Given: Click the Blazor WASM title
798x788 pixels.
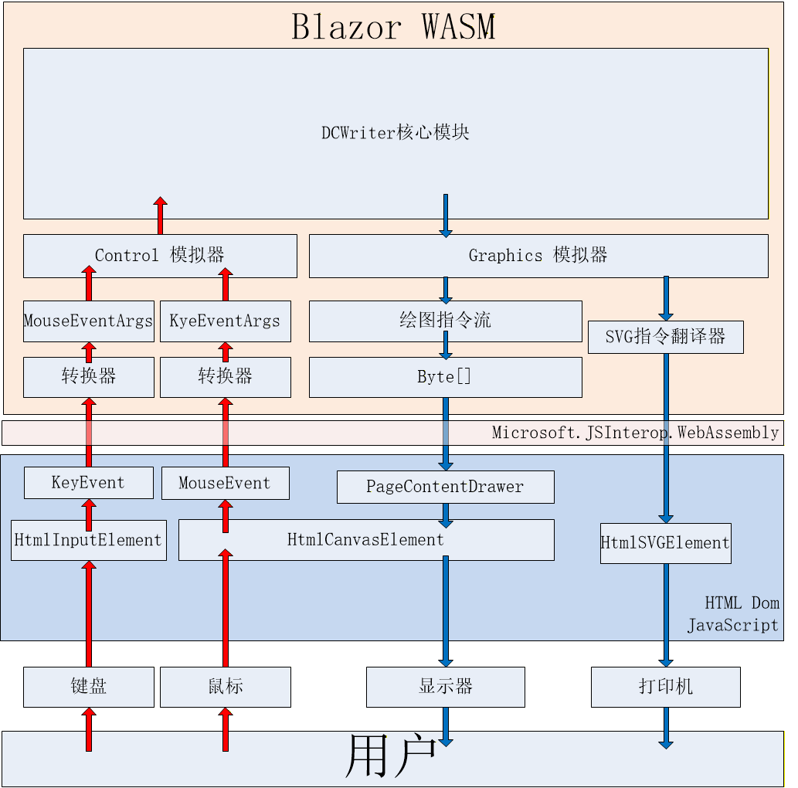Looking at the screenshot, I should click(393, 27).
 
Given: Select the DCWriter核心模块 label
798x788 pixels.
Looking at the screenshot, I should click(396, 133).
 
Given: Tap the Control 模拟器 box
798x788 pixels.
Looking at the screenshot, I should click(160, 256).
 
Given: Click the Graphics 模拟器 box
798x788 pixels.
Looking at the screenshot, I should click(538, 256).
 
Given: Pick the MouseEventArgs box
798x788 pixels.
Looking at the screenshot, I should click(88, 321).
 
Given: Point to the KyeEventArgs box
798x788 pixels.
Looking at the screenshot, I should click(225, 321).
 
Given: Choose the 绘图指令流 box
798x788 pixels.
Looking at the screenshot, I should click(445, 321).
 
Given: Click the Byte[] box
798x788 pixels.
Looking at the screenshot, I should click(445, 377).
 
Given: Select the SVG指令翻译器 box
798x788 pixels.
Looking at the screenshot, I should click(665, 337).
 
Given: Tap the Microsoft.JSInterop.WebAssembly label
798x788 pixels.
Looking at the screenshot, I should click(635, 433).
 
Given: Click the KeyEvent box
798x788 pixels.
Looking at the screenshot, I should click(88, 483).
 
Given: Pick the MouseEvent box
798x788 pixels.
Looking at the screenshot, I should click(225, 483).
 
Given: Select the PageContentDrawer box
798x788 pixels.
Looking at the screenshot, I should click(445, 487).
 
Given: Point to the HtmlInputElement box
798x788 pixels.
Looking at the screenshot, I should click(88, 540).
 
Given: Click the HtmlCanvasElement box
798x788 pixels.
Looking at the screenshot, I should click(366, 540).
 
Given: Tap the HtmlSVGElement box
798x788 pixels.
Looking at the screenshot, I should click(665, 543).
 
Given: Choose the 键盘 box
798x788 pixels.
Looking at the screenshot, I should click(88, 687).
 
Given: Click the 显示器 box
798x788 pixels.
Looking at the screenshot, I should click(445, 687).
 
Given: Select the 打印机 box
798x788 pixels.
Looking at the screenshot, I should click(665, 687).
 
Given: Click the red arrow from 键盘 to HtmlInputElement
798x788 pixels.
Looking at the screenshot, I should click(89, 614).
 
